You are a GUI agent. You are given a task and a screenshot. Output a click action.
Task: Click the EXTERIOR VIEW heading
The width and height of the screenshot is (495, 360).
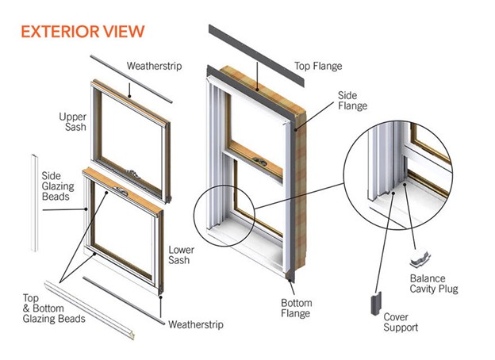tap(82, 31)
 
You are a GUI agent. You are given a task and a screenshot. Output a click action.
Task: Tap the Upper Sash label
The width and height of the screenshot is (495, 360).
tap(72, 123)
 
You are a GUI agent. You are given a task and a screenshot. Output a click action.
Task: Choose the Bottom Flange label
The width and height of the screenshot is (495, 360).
tap(298, 308)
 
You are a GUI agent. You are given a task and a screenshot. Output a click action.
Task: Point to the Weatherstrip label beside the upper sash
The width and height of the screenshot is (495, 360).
tap(153, 66)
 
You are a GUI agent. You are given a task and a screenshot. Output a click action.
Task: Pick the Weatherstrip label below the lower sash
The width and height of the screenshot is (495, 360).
tap(195, 324)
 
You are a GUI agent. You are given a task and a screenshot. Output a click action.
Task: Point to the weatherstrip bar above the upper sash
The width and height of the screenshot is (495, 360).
tap(130, 79)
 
